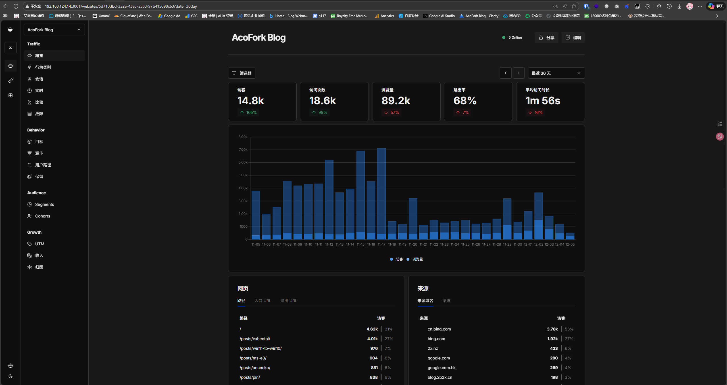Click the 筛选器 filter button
point(242,73)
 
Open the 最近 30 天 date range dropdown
point(556,73)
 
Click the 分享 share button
point(546,37)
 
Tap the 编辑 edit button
point(573,37)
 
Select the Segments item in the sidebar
point(44,204)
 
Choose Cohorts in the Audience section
point(42,216)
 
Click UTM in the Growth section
point(39,244)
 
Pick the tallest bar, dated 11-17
point(382,194)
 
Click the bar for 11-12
point(329,200)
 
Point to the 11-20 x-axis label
point(413,244)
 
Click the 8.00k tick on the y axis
point(243,137)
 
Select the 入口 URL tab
point(263,301)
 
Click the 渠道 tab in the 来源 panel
point(446,301)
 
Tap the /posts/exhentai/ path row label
point(255,339)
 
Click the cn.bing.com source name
point(439,329)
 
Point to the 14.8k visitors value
point(251,101)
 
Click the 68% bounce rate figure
point(465,101)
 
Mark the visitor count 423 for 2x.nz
point(554,348)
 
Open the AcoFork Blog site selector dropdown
point(54,30)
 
